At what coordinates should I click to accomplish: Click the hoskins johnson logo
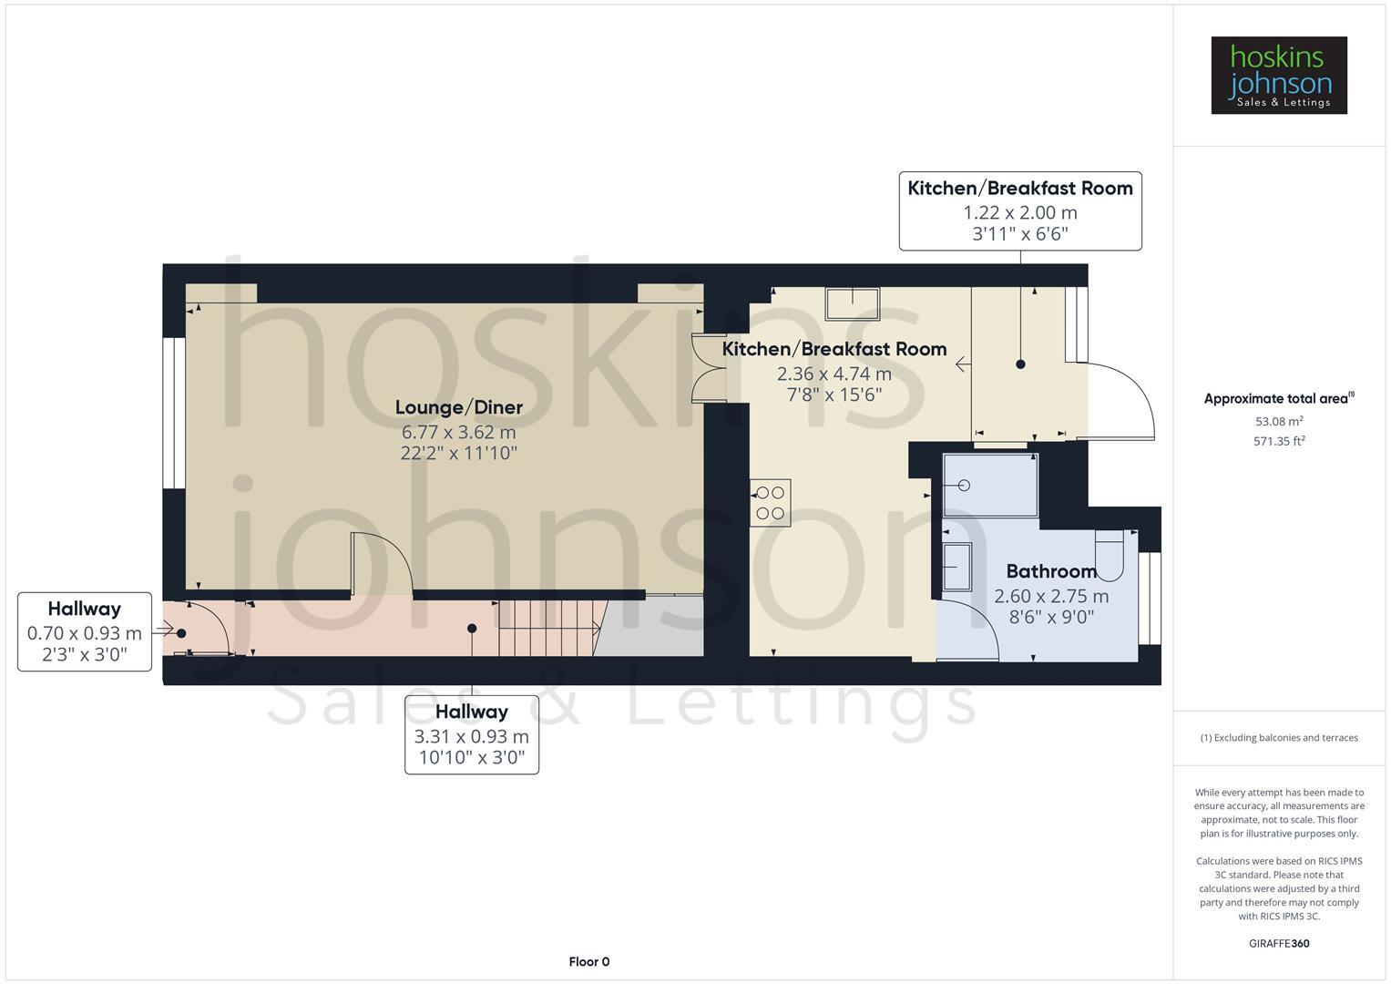coord(1278,75)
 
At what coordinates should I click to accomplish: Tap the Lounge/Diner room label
coord(458,407)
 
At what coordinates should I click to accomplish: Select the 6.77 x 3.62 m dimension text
coord(458,431)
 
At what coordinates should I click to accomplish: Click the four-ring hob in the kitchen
coord(770,503)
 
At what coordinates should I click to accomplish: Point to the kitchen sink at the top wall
coord(853,303)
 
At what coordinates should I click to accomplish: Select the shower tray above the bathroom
coord(990,486)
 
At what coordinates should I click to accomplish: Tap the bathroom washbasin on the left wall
coord(957,567)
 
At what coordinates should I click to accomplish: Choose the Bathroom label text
coord(1051,571)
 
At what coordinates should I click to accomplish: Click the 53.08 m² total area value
coord(1278,421)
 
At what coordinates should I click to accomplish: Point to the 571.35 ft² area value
coord(1278,441)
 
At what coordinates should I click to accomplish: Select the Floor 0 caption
coord(588,961)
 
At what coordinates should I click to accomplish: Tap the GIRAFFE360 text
coord(1278,943)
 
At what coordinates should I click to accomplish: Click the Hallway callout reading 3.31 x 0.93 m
coord(471,734)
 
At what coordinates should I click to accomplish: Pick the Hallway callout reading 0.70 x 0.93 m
coord(85,631)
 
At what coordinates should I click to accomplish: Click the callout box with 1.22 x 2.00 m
coord(1019,210)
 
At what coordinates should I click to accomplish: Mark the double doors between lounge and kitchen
coord(707,369)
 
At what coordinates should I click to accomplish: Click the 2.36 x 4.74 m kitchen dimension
coord(834,374)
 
